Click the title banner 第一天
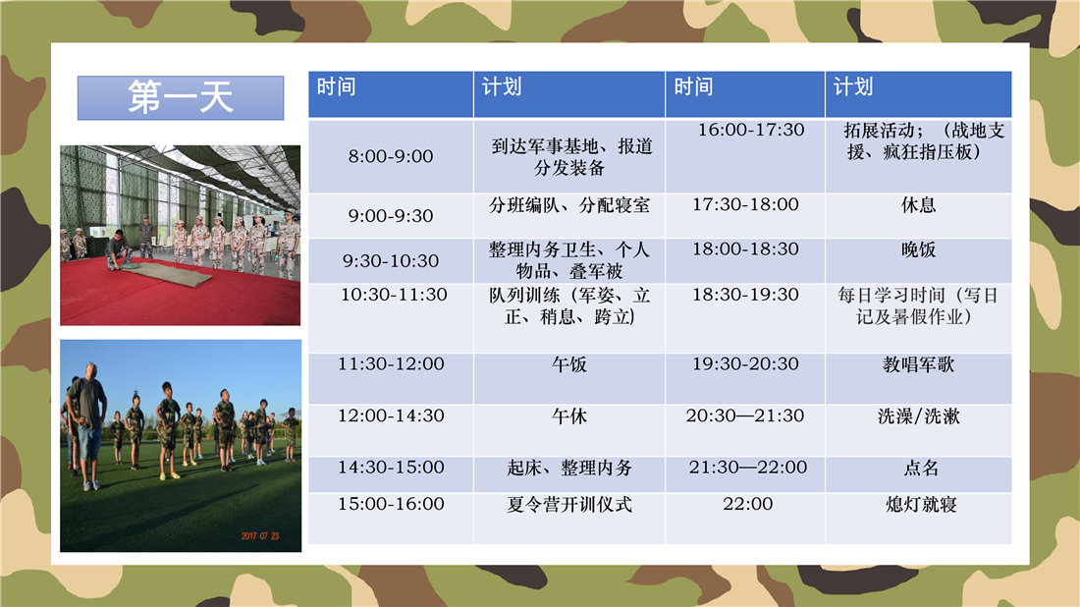pos(181,98)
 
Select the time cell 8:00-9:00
pos(391,156)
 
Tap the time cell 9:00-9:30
pos(391,216)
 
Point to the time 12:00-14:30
pos(391,415)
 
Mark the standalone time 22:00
pos(747,504)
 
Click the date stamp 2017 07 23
pos(259,536)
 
